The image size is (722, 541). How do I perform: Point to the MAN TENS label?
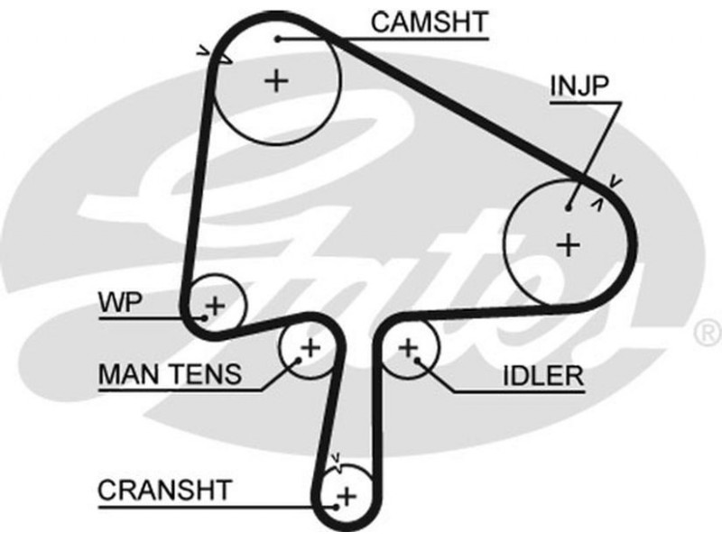(170, 373)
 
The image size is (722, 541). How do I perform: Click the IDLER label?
(542, 375)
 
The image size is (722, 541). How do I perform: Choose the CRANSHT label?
(164, 491)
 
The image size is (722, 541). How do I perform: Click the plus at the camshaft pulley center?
(275, 81)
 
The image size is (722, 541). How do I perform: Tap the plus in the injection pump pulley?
(567, 243)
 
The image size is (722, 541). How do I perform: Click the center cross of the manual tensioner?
(310, 347)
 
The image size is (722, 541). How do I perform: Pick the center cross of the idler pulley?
(408, 346)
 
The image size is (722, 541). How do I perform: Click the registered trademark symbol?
(704, 333)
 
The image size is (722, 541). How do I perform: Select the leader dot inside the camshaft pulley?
(280, 39)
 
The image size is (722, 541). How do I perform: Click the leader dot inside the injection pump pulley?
(569, 208)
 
